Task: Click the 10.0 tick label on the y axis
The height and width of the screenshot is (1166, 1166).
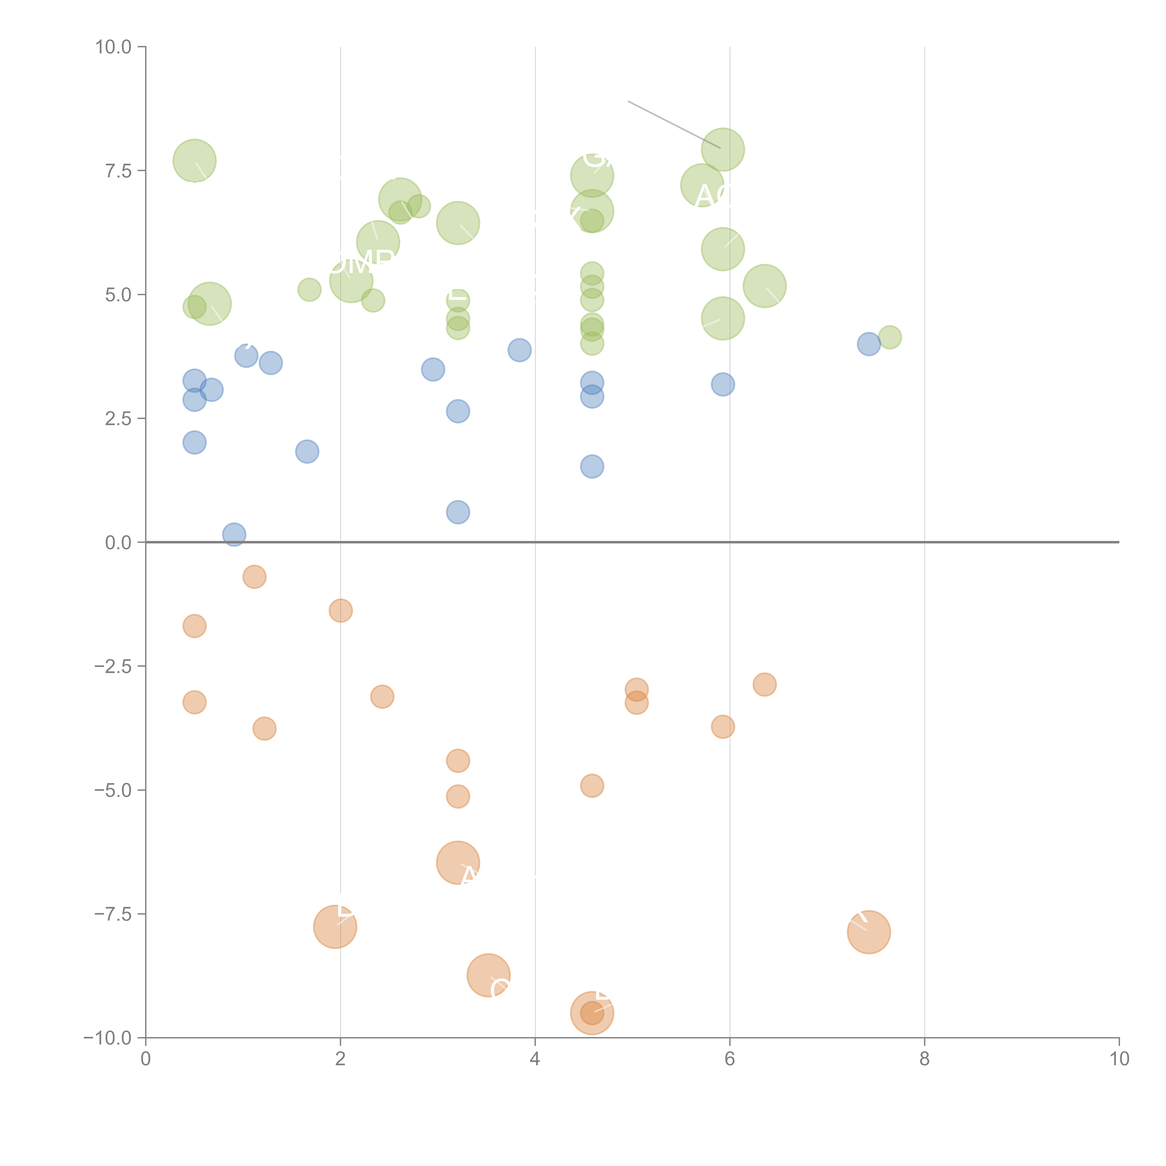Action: pos(114,47)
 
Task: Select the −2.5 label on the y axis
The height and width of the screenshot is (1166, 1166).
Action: pos(114,666)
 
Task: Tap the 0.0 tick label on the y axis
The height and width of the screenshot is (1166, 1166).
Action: pos(118,543)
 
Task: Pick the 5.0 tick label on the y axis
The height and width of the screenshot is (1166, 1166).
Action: pos(118,295)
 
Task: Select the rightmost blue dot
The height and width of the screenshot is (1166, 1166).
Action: pos(868,344)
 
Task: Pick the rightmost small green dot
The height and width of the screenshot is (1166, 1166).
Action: pos(890,337)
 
